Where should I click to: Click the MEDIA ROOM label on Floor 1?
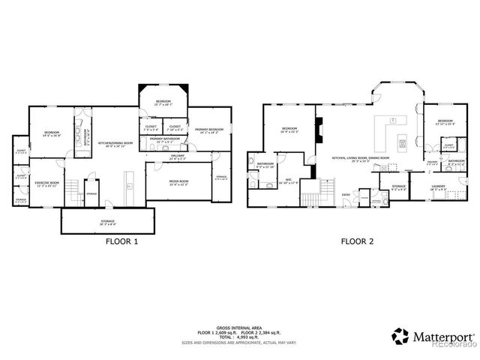pos(178,181)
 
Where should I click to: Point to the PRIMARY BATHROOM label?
pos(163,139)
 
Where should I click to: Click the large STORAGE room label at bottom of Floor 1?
pos(108,222)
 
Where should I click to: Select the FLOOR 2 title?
pos(358,242)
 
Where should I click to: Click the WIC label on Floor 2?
pos(288,180)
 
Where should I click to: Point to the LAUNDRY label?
pos(438,187)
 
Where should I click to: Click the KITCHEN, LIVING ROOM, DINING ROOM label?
pos(361,158)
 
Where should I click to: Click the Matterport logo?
pos(433,336)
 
